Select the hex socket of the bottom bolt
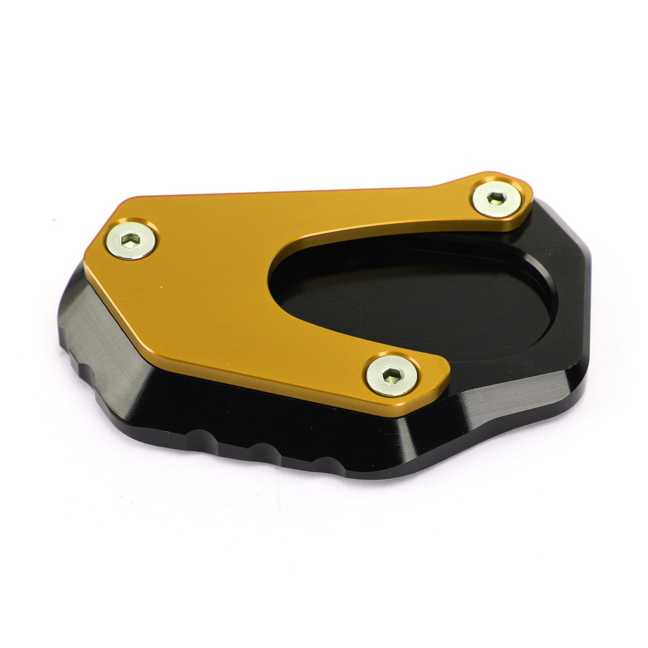392,375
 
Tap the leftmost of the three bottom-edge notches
198,436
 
